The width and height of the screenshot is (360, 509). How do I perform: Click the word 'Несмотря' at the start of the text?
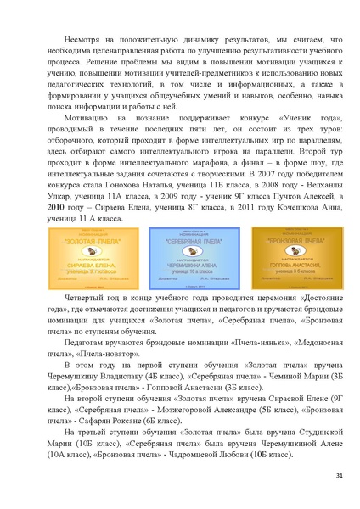pos(81,40)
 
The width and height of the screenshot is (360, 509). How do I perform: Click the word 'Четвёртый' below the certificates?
pos(85,299)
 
